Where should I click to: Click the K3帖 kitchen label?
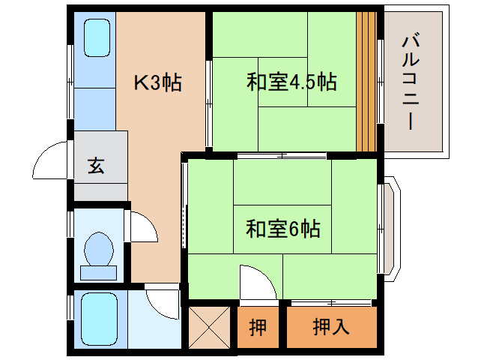click(157, 82)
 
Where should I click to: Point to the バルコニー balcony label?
click(410, 82)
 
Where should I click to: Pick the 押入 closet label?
click(330, 327)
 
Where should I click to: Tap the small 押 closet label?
click(257, 328)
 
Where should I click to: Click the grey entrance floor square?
click(100, 166)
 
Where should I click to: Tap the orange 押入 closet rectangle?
click(330, 327)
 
